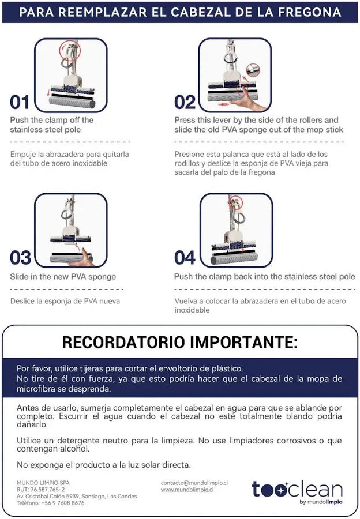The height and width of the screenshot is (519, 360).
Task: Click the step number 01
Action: pos(20,102)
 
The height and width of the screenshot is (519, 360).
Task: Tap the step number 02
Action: pos(185,102)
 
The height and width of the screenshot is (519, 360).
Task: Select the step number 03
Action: pos(20,258)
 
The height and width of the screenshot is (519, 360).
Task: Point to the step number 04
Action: pos(185,258)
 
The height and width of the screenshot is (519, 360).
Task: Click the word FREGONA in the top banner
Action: pos(310,12)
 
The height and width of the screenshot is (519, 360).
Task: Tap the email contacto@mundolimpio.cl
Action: pos(194,483)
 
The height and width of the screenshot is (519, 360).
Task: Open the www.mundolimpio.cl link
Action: pos(187,490)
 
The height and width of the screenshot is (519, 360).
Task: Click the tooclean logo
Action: pos(297,492)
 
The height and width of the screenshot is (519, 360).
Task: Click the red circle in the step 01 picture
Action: pos(70,50)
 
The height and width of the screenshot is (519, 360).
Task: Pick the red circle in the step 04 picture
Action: pos(235,202)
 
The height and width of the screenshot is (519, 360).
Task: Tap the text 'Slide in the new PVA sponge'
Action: pos(63,277)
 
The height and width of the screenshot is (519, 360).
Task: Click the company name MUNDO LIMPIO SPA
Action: pos(43,483)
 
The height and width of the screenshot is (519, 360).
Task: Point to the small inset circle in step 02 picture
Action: pos(253,70)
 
